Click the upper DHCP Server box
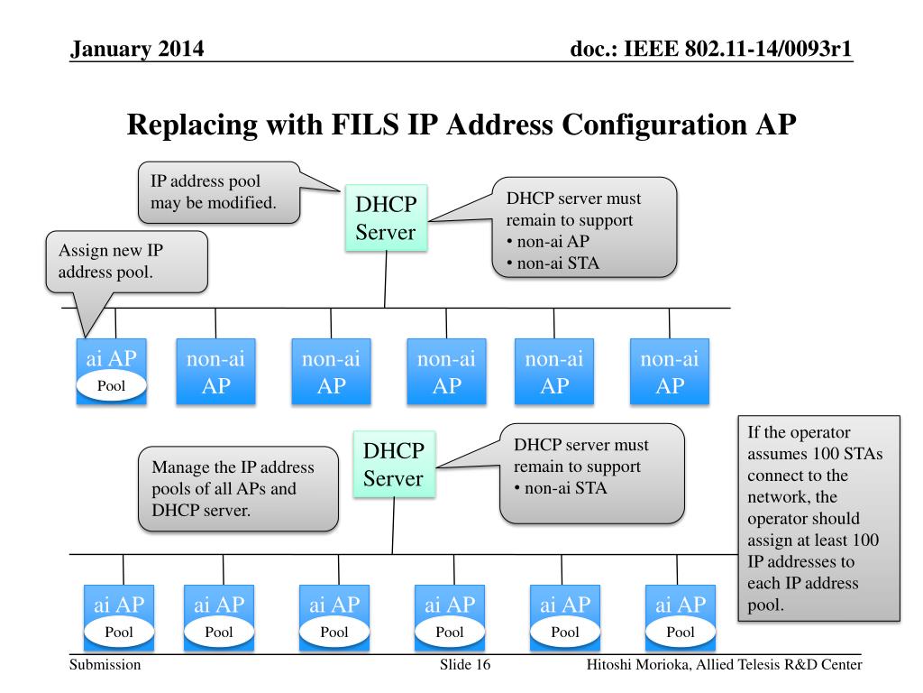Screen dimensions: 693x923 (386, 217)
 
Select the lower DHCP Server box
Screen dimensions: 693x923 (393, 464)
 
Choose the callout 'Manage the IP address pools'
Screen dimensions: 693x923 (238, 488)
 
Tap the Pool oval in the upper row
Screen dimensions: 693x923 (111, 386)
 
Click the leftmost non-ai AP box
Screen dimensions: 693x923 (215, 371)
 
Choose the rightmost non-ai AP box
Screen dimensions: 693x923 (669, 371)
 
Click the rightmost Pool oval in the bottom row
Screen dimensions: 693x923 (680, 632)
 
